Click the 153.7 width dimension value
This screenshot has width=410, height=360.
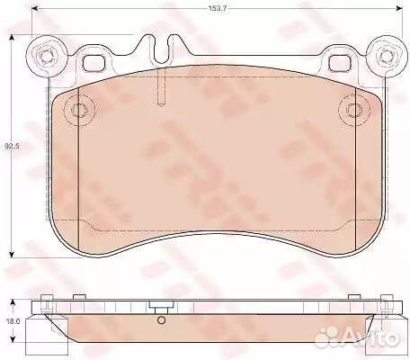(217, 8)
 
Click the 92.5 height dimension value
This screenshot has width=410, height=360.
(12, 147)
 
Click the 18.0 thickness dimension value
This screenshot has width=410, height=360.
(13, 321)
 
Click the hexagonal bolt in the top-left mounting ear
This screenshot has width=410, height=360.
(46, 56)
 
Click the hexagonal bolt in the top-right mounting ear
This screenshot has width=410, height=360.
(385, 56)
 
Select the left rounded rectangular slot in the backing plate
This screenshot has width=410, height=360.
(94, 63)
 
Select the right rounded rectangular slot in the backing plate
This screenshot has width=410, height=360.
(341, 63)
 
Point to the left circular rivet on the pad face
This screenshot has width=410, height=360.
(79, 110)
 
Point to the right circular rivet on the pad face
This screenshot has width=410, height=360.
(354, 110)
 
